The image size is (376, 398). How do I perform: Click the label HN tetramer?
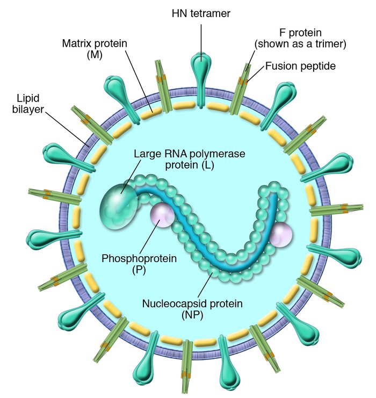pos(201,12)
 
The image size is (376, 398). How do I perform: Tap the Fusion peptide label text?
pos(300,67)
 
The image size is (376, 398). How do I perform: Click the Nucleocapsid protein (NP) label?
pos(192,309)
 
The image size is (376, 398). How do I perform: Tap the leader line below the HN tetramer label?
pos(202,38)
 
